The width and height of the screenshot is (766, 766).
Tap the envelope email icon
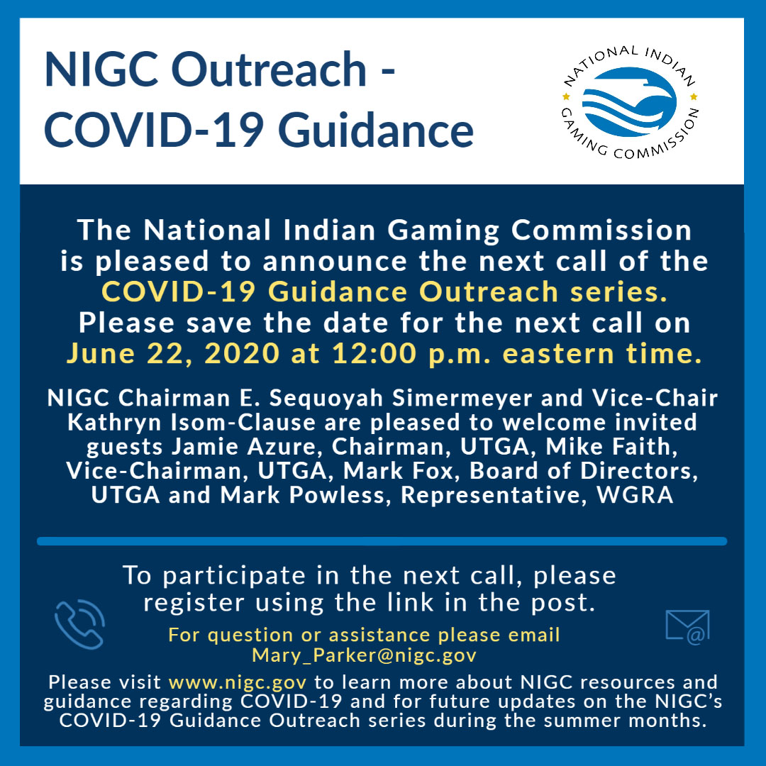click(687, 627)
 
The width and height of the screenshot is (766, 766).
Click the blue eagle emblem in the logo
click(629, 102)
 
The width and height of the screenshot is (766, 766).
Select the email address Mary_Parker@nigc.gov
click(364, 655)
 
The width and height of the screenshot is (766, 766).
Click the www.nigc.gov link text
click(238, 682)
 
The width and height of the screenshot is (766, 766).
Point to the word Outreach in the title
click(269, 70)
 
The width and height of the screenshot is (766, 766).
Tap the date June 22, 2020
click(173, 353)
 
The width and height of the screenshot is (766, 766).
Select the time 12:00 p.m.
click(411, 354)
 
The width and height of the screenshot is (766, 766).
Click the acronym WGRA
click(635, 495)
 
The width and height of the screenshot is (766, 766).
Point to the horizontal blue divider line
click(382, 541)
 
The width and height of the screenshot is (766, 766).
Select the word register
click(194, 604)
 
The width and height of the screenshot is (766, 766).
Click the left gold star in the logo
click(567, 96)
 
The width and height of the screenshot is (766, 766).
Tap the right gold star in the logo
click(694, 96)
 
